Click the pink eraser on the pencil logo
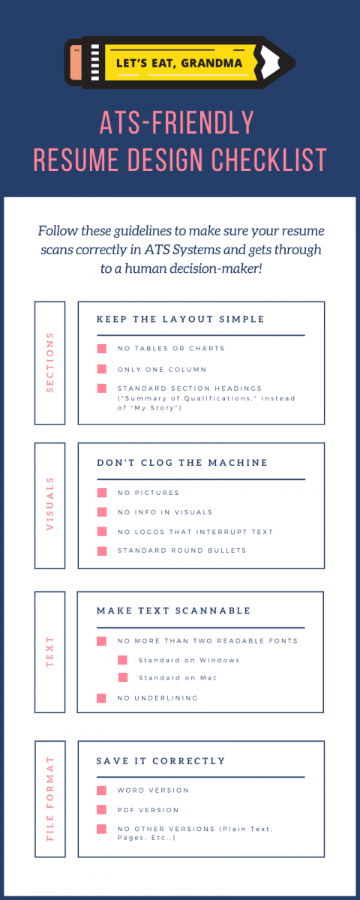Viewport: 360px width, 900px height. (75, 63)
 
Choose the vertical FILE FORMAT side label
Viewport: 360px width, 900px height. (50, 799)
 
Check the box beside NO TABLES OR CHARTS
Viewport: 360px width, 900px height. (101, 349)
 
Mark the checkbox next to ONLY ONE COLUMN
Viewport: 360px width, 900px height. (101, 369)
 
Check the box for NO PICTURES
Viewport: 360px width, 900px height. (101, 493)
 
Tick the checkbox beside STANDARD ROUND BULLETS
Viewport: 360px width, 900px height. (101, 551)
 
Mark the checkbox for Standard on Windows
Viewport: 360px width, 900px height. (122, 661)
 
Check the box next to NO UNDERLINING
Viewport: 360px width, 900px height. (101, 698)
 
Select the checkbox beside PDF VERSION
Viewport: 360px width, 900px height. (101, 810)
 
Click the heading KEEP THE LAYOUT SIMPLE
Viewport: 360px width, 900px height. (181, 319)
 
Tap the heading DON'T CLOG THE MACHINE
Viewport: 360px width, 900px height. (183, 463)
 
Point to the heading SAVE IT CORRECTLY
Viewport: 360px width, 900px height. (160, 761)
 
